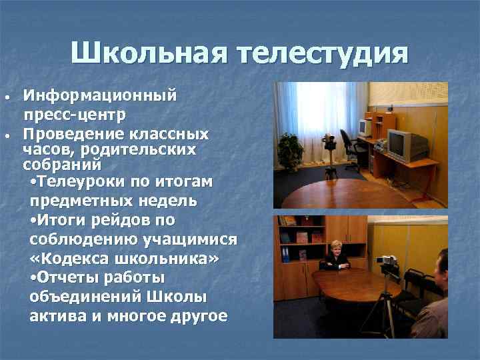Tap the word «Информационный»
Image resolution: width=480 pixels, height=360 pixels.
tap(99, 95)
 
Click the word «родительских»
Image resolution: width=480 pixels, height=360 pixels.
tap(139, 150)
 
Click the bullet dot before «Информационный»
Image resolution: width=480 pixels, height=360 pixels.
tap(7, 97)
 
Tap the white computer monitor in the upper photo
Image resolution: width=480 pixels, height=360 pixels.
tap(364, 126)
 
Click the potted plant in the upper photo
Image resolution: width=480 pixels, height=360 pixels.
tap(291, 150)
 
